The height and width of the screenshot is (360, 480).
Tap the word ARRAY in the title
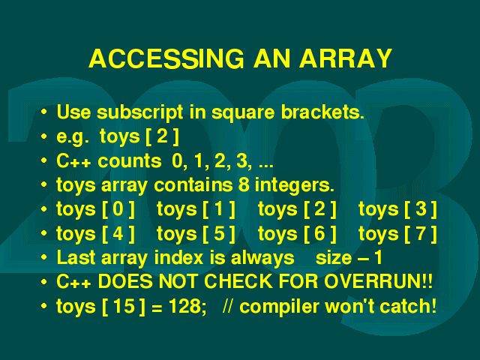point(346,58)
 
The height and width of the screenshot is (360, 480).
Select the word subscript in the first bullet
point(140,113)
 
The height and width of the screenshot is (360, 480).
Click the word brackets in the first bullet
point(322,112)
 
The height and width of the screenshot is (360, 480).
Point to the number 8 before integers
point(243,185)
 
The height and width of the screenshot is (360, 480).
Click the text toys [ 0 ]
point(95,210)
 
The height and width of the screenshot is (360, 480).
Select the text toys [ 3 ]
point(397,210)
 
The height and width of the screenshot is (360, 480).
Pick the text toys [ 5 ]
point(196,235)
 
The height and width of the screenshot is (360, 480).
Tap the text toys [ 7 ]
point(397,235)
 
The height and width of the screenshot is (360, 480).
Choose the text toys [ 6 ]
point(297,235)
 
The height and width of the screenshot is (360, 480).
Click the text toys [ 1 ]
point(196,210)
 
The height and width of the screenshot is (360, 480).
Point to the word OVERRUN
point(373,281)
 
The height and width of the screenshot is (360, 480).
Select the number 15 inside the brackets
point(124,306)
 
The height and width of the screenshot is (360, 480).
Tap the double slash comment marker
point(227,306)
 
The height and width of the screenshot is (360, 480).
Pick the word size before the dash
point(334,258)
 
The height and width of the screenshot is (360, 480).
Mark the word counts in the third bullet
point(130,161)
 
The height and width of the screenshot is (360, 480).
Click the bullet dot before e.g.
point(44,136)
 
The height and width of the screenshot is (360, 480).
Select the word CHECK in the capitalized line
point(238,281)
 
